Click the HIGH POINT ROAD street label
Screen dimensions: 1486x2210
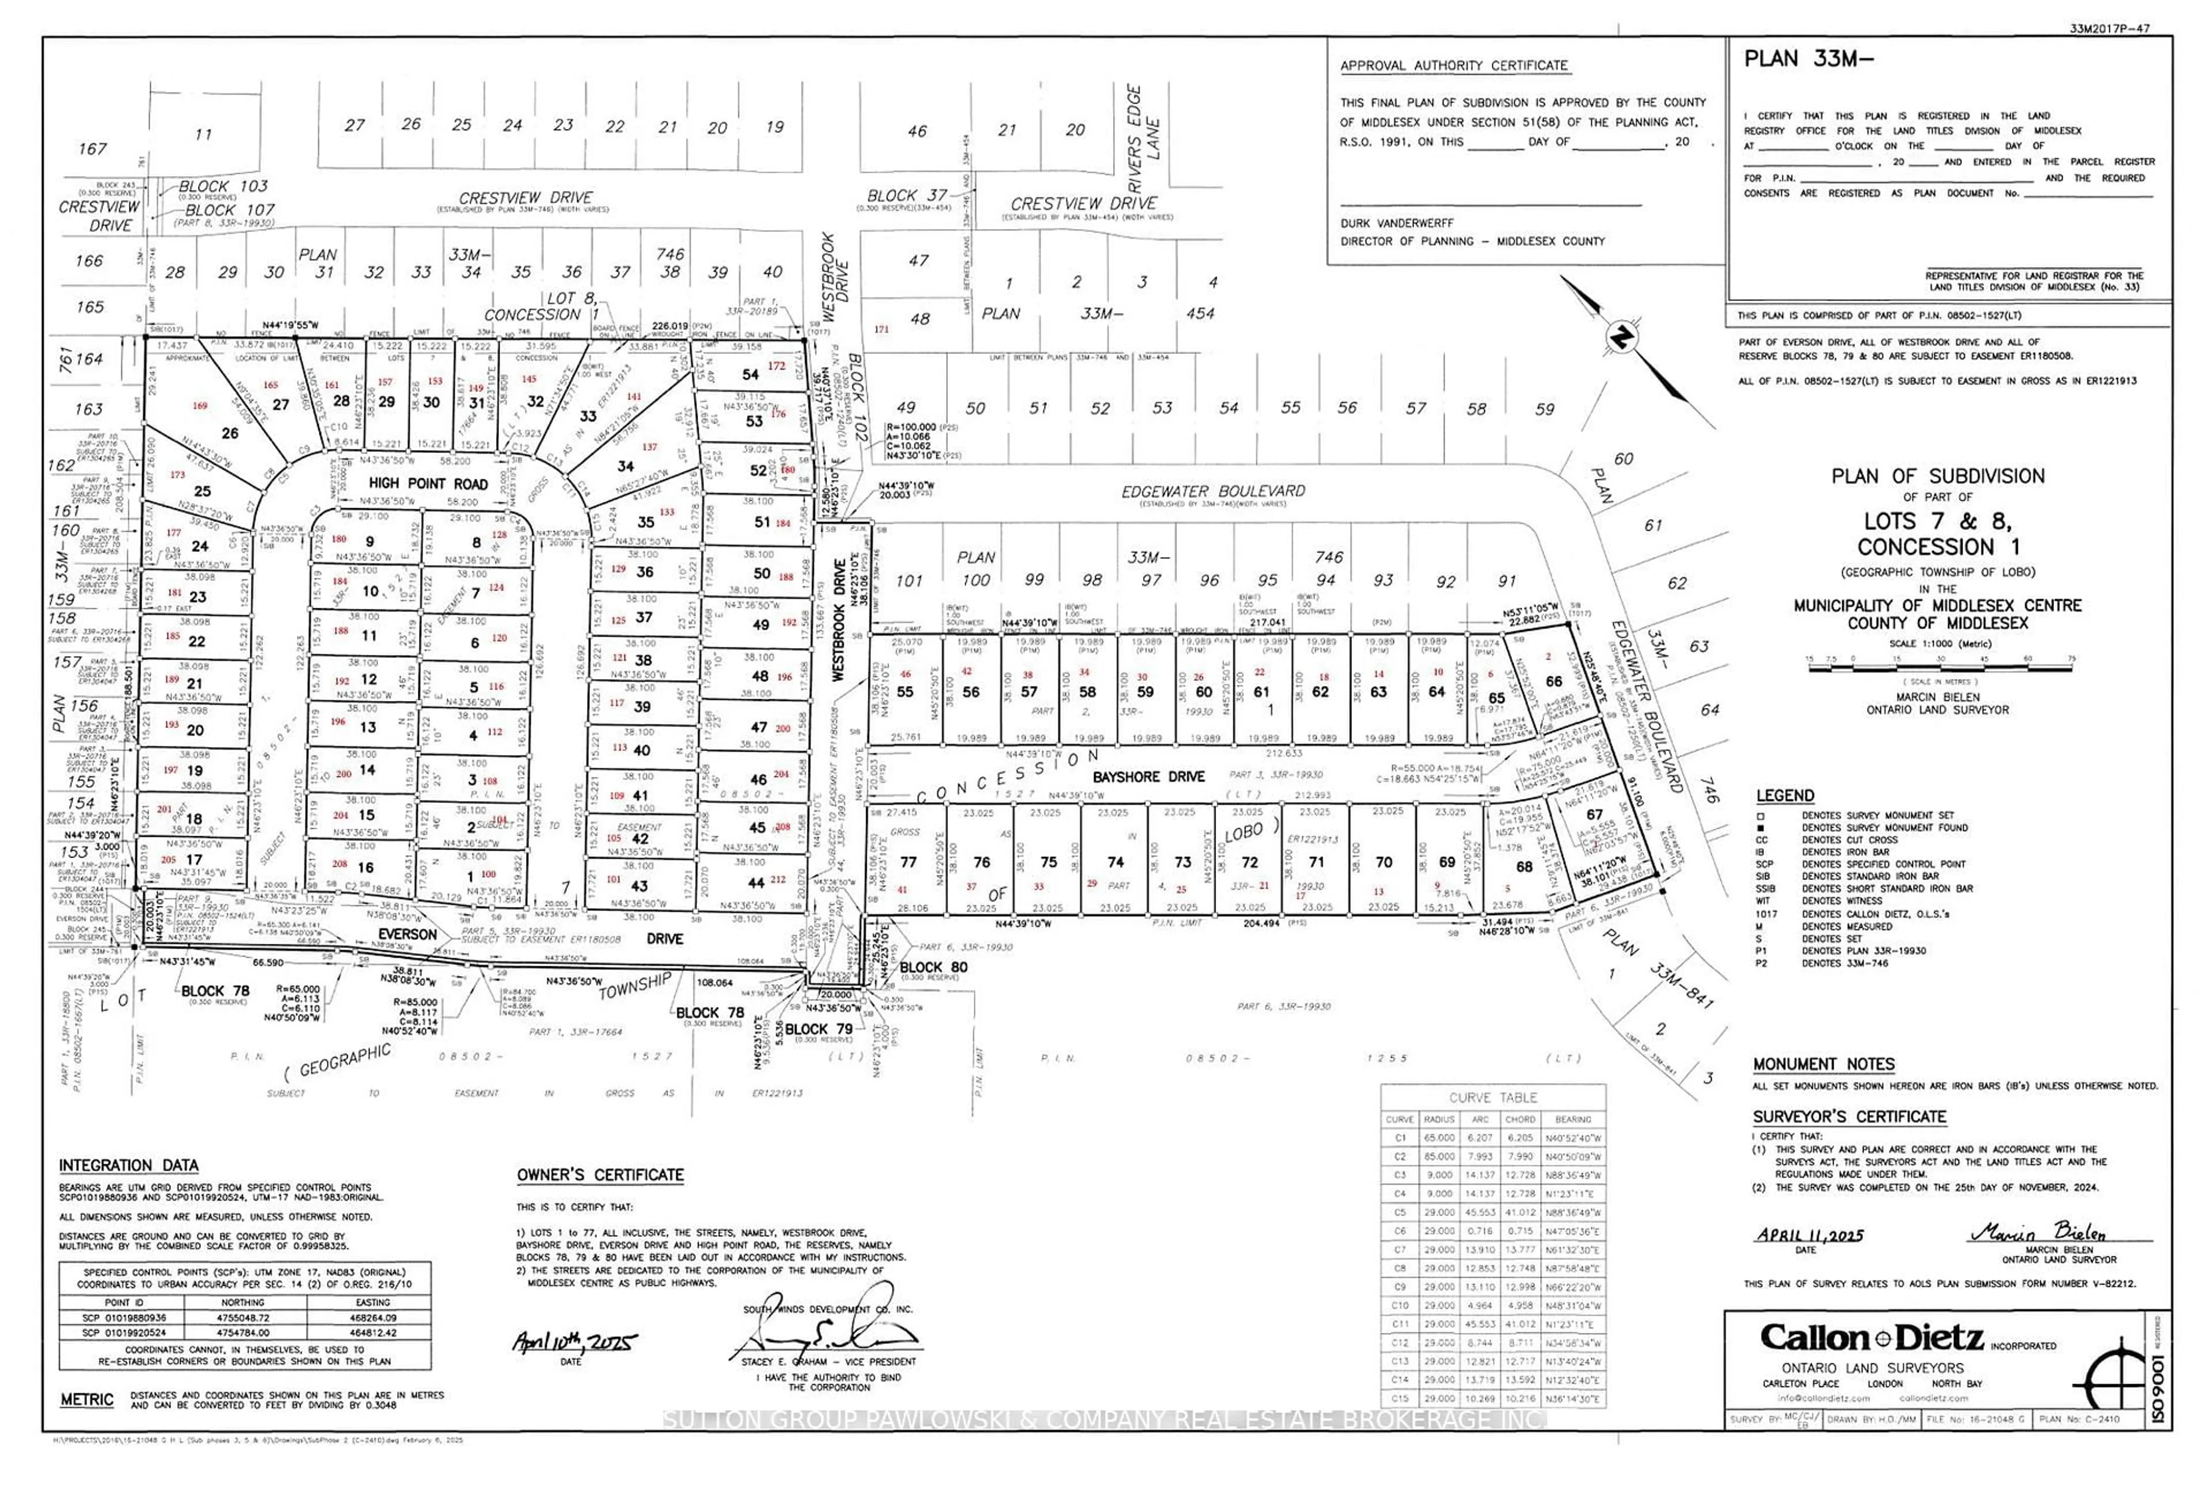pyautogui.click(x=428, y=483)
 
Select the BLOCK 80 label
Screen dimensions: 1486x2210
pyautogui.click(x=933, y=967)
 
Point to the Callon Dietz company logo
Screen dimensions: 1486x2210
pyautogui.click(x=1872, y=1338)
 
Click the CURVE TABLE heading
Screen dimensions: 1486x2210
pyautogui.click(x=1492, y=1098)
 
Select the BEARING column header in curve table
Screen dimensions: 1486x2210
pyautogui.click(x=1572, y=1119)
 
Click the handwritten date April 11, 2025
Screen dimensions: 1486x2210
pyautogui.click(x=1808, y=1235)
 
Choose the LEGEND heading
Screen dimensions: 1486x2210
pyautogui.click(x=1785, y=796)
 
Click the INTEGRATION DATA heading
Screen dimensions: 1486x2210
pyautogui.click(x=129, y=1165)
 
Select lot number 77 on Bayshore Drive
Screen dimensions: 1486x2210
pyautogui.click(x=908, y=862)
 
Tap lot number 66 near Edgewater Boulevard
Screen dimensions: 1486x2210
pyautogui.click(x=1553, y=681)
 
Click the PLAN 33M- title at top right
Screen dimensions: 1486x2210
pyautogui.click(x=1808, y=59)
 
